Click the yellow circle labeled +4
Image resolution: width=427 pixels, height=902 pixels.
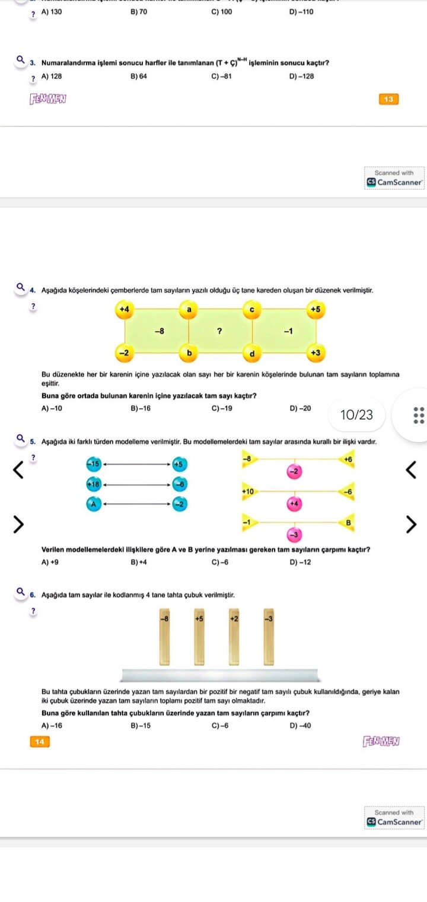point(124,309)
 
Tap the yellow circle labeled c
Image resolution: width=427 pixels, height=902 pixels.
point(251,309)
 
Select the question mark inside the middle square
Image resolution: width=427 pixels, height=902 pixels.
point(219,331)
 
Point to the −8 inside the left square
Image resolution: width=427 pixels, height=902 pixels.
point(159,331)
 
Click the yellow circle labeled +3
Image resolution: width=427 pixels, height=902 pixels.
point(316,353)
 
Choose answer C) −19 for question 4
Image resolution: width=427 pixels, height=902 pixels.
point(221,408)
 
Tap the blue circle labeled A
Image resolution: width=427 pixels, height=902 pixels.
point(93,504)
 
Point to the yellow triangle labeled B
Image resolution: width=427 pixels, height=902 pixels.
point(348,522)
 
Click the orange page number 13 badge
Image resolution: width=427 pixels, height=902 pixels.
point(388,99)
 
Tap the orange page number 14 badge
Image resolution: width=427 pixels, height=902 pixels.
point(40,741)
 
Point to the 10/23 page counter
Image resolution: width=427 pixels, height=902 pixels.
point(357,415)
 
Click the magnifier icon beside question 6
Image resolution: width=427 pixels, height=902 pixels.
point(21,591)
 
